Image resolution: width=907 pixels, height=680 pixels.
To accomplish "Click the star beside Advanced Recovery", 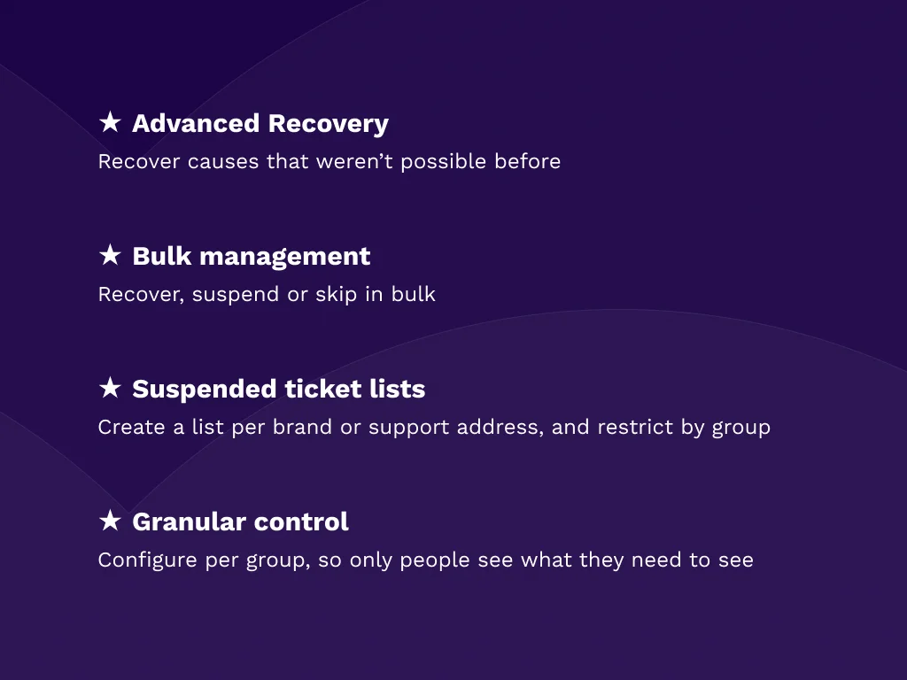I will (x=110, y=122).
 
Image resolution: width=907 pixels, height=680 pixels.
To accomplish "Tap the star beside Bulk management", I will (x=110, y=255).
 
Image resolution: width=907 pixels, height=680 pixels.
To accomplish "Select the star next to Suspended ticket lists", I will (x=110, y=388).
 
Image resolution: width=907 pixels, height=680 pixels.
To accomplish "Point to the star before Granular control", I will (x=110, y=521).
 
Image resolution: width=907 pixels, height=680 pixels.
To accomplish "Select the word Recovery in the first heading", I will (x=328, y=123).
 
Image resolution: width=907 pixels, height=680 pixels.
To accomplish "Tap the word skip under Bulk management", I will (x=337, y=295).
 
